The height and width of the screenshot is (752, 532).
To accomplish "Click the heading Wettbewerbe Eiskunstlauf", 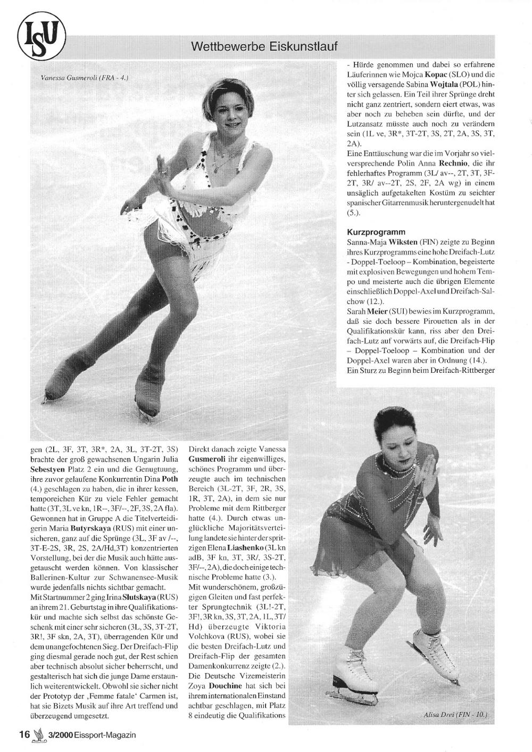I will [264, 46].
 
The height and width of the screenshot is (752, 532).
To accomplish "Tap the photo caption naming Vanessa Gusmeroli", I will [85, 77].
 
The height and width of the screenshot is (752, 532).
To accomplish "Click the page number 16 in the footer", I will [24, 735].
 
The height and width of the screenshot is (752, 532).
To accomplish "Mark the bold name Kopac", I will [432, 75].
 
